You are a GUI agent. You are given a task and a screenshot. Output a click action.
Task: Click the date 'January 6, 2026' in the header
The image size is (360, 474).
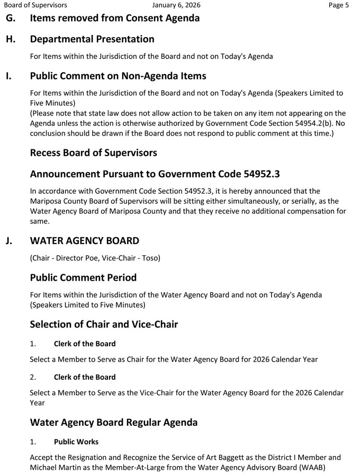[x=176, y=5]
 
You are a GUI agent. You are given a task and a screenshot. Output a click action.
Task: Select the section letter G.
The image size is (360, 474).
[x=11, y=18]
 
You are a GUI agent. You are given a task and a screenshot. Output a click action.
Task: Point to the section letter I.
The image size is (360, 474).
[x=8, y=76]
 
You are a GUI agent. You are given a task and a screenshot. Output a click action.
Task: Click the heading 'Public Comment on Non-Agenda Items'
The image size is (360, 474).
[x=118, y=76]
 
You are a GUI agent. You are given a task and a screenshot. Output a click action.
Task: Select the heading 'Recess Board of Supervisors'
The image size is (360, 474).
[x=93, y=153]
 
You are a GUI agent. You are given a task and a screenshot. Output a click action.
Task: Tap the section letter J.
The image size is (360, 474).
[x=9, y=241]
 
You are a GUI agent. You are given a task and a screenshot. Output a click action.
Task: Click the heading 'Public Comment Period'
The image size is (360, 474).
[x=83, y=278]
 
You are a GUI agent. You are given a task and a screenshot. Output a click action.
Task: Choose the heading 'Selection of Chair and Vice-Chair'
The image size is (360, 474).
[x=104, y=324]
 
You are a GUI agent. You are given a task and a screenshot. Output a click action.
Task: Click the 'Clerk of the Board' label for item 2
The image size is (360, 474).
[x=85, y=377]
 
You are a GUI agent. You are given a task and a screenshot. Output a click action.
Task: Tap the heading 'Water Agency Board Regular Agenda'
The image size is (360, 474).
[x=114, y=422]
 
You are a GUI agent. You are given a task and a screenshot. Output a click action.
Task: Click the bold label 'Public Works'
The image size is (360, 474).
[x=76, y=442]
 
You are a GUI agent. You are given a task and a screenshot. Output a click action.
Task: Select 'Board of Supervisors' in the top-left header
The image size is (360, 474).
[x=35, y=5]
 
